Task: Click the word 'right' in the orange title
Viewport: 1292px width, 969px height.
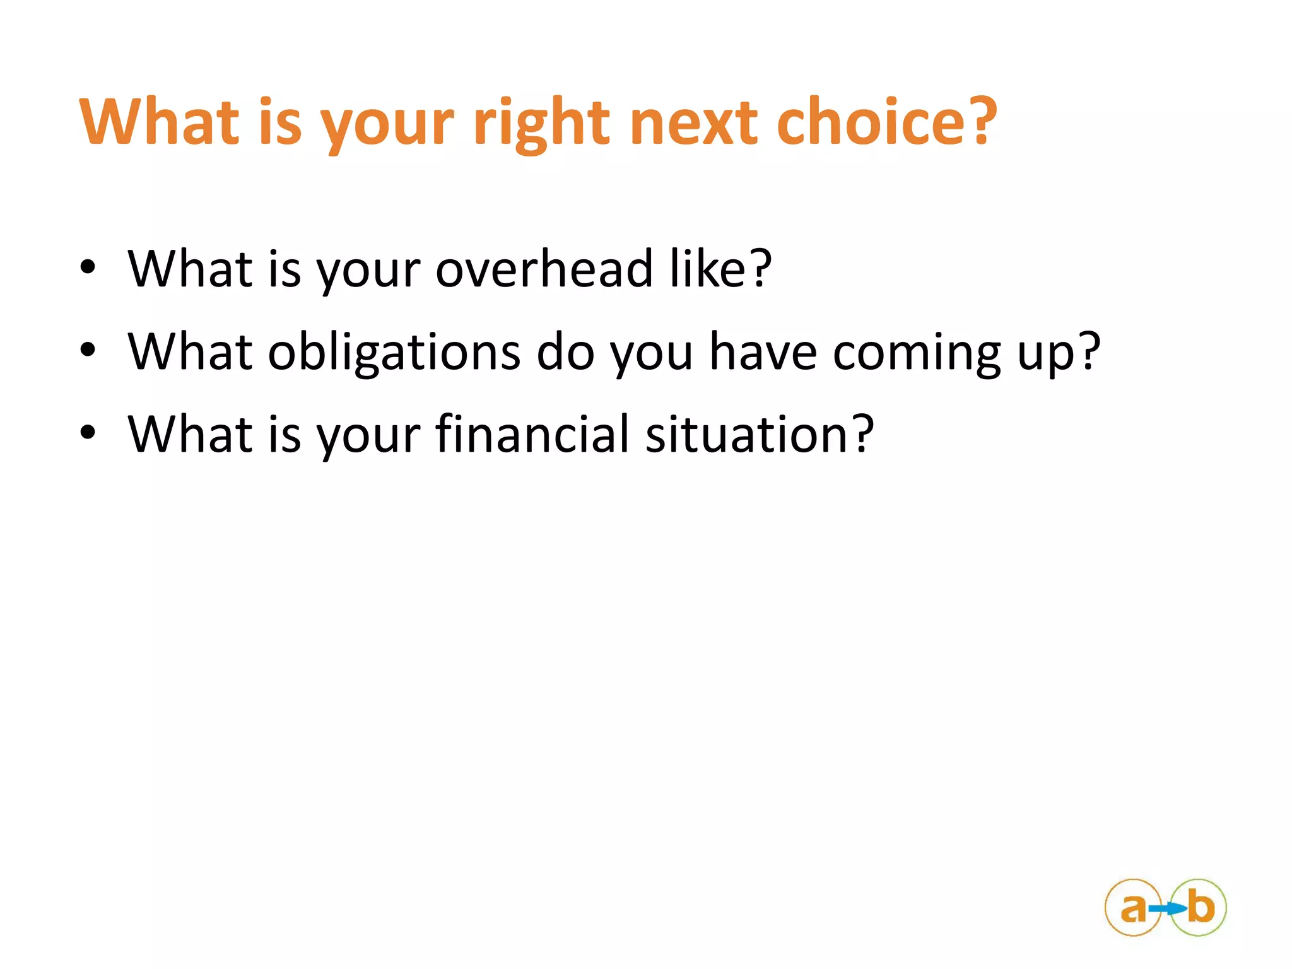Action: [x=541, y=123]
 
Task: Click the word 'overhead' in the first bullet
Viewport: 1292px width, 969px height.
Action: [x=544, y=269]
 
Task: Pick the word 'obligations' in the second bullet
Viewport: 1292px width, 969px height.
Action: [x=394, y=352]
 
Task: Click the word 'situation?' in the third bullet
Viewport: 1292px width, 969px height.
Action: [x=760, y=434]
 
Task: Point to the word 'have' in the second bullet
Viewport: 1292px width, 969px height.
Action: [x=763, y=351]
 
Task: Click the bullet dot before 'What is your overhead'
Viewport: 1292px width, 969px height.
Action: [x=88, y=267]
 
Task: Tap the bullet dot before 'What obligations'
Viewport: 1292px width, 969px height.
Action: [x=88, y=350]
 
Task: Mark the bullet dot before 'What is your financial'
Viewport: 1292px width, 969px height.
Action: [x=88, y=433]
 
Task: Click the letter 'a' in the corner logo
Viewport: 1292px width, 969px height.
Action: [x=1133, y=909]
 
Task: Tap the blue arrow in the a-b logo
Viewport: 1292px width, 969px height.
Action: [x=1166, y=909]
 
